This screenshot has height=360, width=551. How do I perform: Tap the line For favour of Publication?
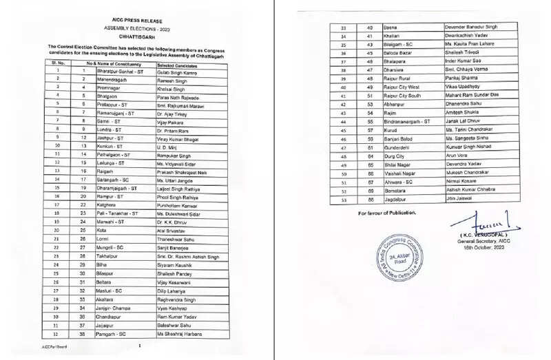point(387,213)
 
